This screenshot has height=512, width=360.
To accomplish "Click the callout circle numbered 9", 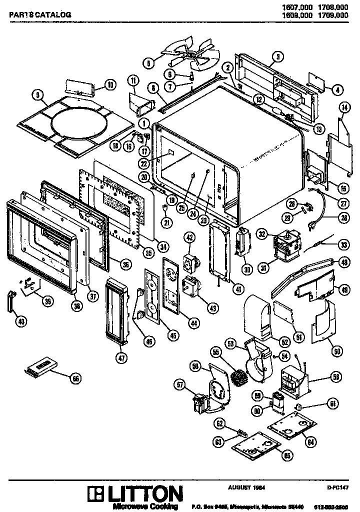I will pyautogui.click(x=36, y=93).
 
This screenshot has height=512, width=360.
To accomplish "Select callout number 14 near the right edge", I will pyautogui.click(x=343, y=107).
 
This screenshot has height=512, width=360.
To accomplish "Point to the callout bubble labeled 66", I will pyautogui.click(x=75, y=378).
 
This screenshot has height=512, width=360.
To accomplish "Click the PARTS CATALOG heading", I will pyautogui.click(x=40, y=15).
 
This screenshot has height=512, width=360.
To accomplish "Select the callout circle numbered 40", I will pyautogui.click(x=20, y=322).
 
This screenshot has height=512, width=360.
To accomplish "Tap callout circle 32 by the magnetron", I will pyautogui.click(x=261, y=233).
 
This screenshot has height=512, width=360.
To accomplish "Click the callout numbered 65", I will pyautogui.click(x=287, y=456).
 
